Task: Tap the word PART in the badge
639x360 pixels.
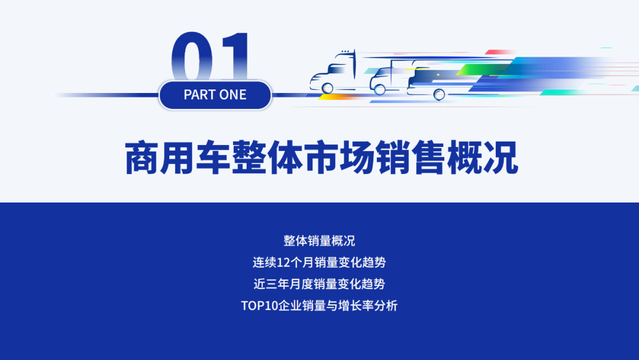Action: (199, 95)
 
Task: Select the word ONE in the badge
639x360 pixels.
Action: (233, 95)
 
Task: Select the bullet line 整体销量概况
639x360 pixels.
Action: (319, 241)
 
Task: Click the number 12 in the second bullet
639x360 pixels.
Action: (283, 262)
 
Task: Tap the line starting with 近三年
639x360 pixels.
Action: (319, 284)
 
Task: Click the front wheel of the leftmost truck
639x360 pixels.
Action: (328, 88)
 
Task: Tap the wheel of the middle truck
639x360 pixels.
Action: (380, 89)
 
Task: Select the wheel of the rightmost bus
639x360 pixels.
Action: (439, 94)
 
